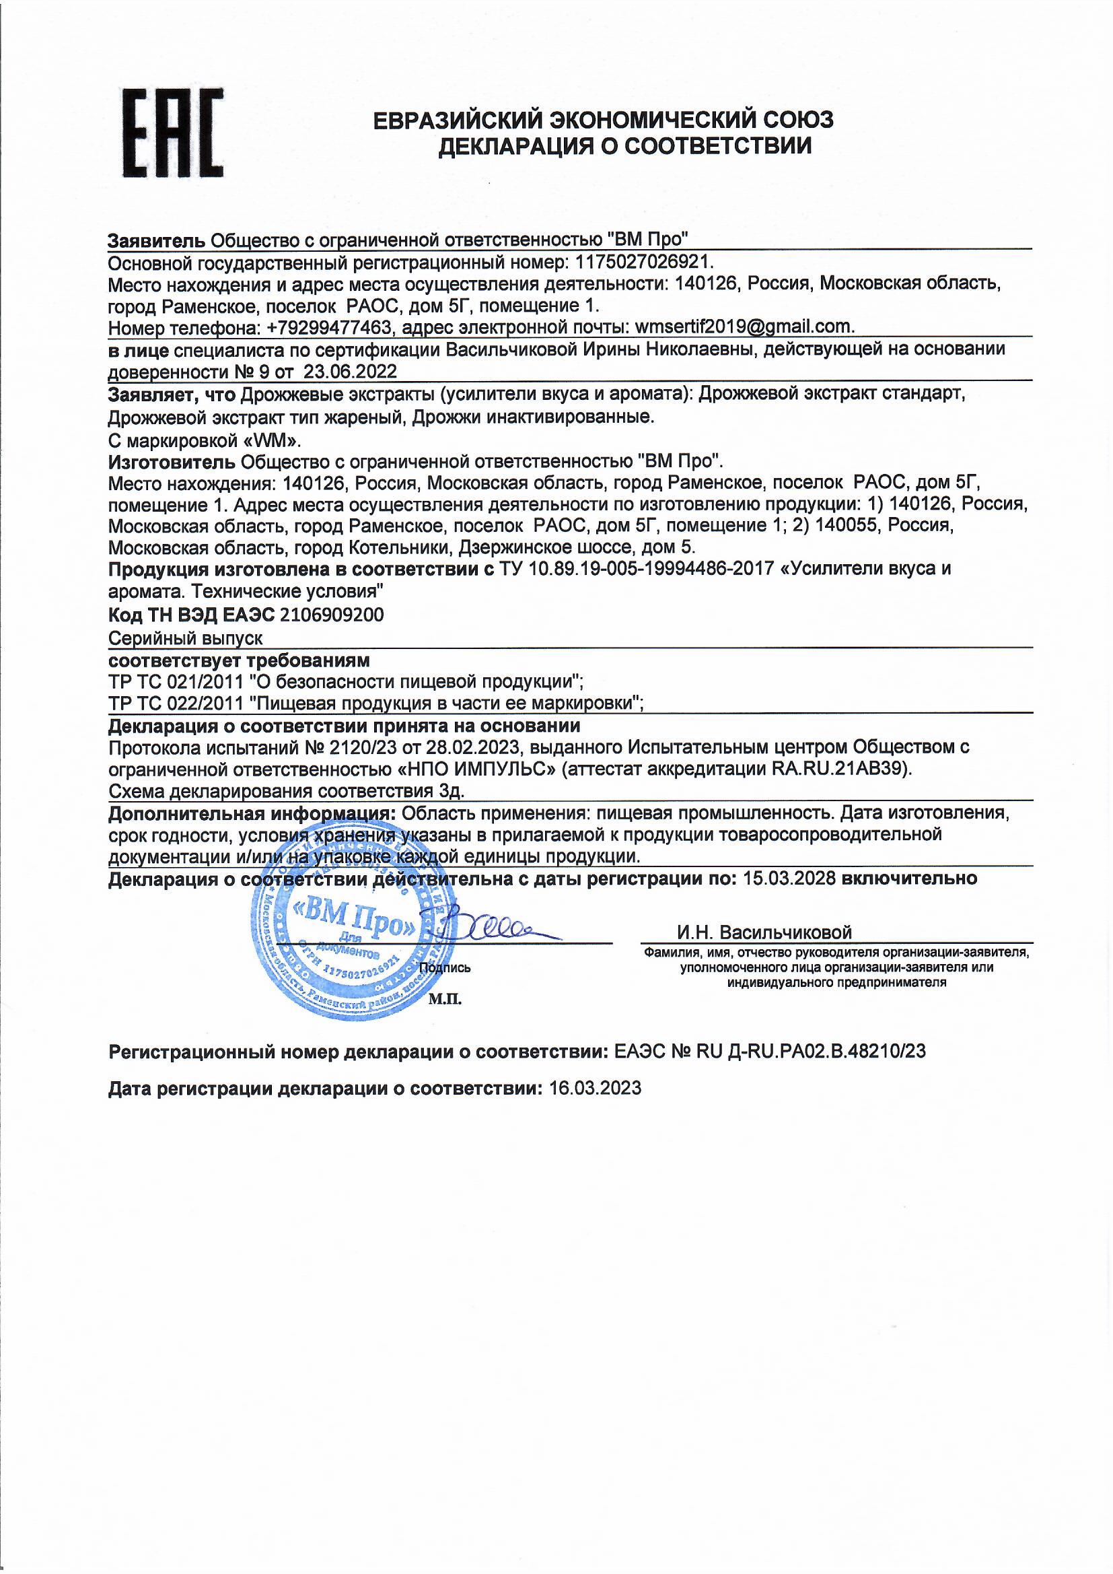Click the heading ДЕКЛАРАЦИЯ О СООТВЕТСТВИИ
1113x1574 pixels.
point(624,146)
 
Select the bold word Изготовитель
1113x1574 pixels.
point(173,460)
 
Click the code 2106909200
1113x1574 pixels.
point(330,614)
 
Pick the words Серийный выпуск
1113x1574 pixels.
point(185,638)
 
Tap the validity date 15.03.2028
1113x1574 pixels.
point(789,878)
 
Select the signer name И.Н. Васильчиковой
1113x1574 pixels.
point(764,932)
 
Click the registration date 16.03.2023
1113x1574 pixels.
point(595,1088)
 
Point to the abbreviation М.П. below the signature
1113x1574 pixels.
point(445,1000)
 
